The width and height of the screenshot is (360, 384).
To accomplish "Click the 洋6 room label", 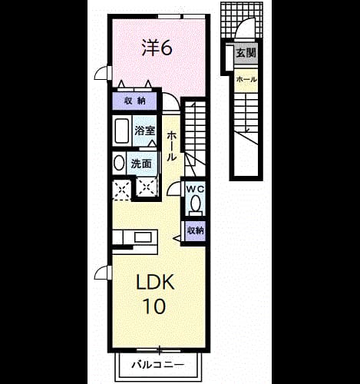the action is pos(157,48).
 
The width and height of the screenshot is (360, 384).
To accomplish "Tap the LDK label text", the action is pos(155,282).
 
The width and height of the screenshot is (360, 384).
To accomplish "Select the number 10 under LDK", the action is pos(154,306).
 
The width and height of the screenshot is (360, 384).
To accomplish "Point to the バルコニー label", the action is pos(158,365).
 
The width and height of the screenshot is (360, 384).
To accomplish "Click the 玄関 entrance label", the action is pos(246,53).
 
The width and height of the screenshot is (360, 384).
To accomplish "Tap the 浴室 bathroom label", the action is pos(145,131).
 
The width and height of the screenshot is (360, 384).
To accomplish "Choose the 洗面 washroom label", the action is pos(141,164).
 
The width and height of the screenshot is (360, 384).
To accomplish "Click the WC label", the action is pos(195,190).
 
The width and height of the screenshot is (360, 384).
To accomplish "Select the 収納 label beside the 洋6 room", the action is pos(135,101).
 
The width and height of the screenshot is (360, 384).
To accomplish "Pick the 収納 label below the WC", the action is pos(196,231).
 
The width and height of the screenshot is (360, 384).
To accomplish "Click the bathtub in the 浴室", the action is pos(122,131).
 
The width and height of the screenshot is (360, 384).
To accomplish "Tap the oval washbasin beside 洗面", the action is pos(119,163).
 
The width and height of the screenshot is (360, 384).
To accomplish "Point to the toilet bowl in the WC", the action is pos(196,203).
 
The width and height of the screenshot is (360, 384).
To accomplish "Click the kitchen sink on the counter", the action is pos(143,237).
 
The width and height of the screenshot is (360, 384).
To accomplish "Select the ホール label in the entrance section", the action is pos(246,79).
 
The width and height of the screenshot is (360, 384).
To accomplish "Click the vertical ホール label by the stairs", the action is pos(171,146).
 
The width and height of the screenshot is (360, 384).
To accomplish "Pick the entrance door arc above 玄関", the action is pos(242,25).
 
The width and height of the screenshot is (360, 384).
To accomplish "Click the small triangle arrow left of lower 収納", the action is pos(177,239).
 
